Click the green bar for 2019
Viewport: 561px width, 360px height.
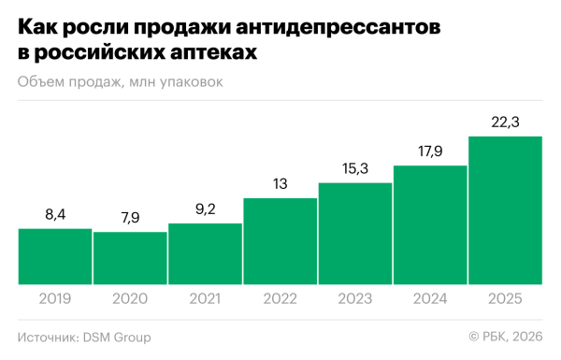point(55,256)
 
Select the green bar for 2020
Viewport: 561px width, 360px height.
point(130,258)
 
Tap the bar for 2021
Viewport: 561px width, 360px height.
point(205,253)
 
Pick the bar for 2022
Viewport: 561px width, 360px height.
point(280,241)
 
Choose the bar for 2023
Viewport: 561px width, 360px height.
point(354,234)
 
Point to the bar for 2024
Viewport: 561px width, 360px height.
point(430,224)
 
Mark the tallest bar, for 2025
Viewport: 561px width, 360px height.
point(505,210)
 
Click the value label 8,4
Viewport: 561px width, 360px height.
point(55,216)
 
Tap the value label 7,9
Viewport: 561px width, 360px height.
point(130,219)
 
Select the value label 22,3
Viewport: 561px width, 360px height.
point(505,123)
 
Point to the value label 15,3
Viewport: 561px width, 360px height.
point(354,169)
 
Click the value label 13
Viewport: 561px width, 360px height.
point(280,185)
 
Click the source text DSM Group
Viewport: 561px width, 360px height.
point(118,337)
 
